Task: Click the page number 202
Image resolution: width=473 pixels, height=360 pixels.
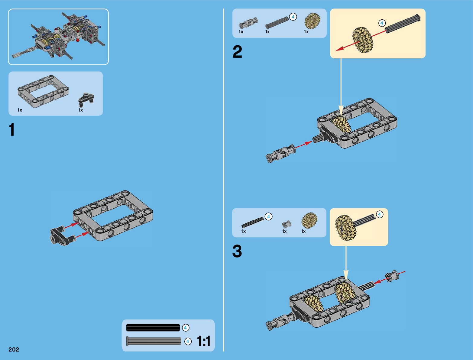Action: pos(14,349)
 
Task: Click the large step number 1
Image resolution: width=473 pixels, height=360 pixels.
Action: pos(12,130)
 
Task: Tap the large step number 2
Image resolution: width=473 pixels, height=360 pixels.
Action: pos(237,52)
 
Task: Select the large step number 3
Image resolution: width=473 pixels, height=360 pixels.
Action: pos(237,251)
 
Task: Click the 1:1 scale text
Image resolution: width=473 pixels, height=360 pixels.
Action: pos(203,341)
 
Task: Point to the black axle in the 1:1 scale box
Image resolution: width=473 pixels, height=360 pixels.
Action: pos(153,328)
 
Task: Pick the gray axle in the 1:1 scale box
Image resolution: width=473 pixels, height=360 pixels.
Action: pos(154,341)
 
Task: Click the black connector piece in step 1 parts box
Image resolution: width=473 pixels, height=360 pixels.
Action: pos(86,99)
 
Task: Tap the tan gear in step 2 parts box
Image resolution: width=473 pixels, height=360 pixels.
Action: pos(312,21)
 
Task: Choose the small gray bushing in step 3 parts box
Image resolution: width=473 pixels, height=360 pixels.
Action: pos(286,224)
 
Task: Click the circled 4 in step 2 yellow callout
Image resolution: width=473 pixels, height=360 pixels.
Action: pos(382,23)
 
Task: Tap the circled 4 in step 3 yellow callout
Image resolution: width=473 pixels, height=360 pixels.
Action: pos(379,214)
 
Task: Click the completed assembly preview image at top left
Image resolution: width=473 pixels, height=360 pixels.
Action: pos(58,37)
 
